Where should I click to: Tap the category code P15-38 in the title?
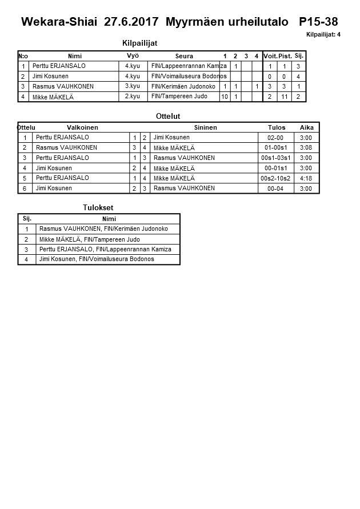(318, 22)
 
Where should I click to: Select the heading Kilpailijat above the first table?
(139, 43)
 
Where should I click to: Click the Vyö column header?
(133, 56)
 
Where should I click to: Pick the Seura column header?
(184, 56)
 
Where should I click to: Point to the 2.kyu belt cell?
(133, 97)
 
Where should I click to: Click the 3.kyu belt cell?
(133, 86)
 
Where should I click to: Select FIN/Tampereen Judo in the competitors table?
(179, 97)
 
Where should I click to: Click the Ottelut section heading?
(168, 116)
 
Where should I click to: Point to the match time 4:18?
(306, 178)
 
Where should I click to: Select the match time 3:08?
(306, 148)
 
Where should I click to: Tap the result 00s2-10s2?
(275, 178)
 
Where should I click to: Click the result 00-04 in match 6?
(275, 189)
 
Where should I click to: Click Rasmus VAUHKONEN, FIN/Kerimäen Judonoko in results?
(103, 229)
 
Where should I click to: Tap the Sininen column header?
(205, 127)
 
